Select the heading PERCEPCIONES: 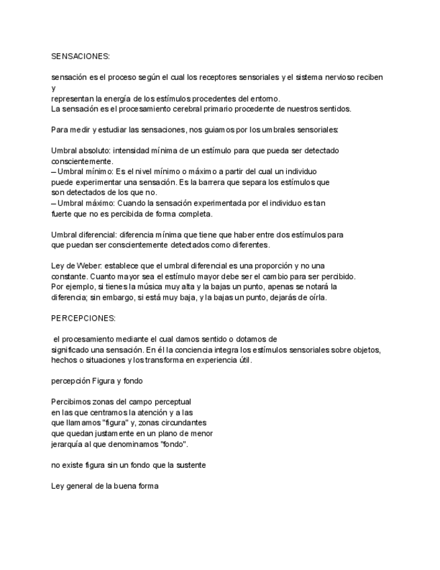tap(83, 318)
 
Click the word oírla tap(316, 297)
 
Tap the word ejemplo tap(79, 286)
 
